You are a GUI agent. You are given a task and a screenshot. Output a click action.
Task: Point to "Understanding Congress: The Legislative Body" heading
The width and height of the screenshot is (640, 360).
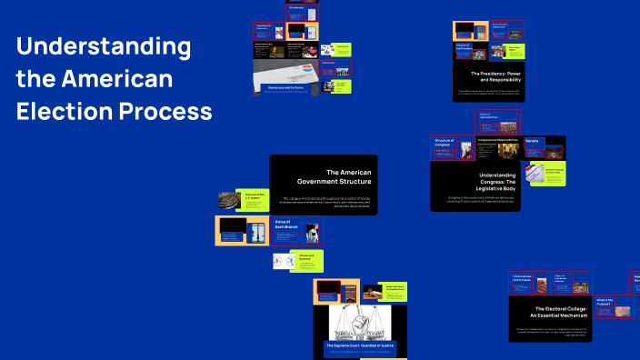tap(487, 179)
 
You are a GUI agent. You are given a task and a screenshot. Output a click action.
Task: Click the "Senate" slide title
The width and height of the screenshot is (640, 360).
tap(533, 141)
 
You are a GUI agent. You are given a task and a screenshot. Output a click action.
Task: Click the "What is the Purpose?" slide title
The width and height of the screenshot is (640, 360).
tap(605, 300)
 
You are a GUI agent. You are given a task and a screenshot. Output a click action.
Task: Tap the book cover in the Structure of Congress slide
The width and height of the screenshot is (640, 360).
tap(465, 150)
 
